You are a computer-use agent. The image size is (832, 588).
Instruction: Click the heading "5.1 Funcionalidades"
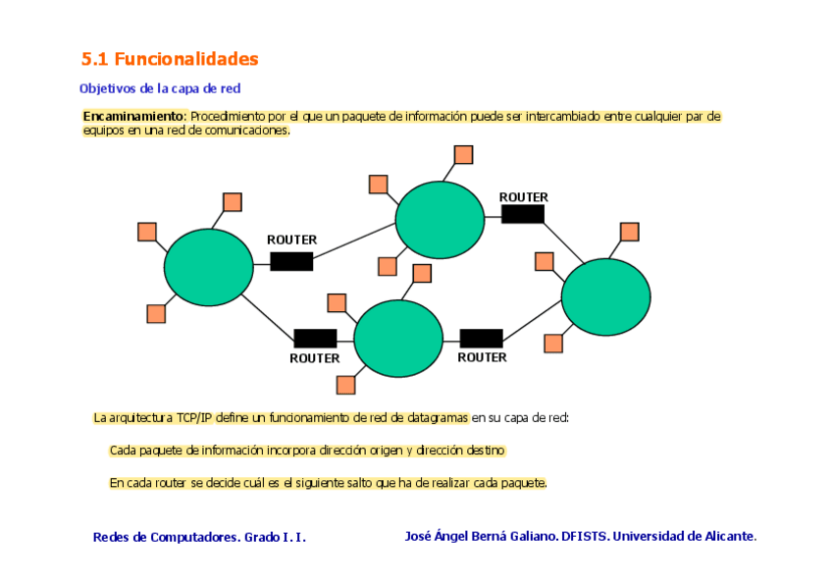click(x=170, y=59)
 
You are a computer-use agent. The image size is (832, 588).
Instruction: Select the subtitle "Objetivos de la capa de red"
click(x=160, y=88)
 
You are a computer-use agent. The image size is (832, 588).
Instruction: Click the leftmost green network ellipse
click(x=209, y=266)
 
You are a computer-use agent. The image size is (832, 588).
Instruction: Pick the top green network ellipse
click(x=441, y=220)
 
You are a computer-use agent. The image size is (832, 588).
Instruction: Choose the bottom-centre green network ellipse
click(x=398, y=339)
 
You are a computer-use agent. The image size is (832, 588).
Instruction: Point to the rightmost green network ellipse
click(x=605, y=296)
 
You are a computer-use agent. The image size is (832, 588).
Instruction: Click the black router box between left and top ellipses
click(x=291, y=261)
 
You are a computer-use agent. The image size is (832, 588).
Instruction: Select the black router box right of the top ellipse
click(x=523, y=214)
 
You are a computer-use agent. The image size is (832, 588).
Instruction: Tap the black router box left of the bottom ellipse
click(x=315, y=339)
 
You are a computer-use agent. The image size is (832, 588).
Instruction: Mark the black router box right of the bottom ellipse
click(x=481, y=339)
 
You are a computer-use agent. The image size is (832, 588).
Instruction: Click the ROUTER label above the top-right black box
click(x=524, y=197)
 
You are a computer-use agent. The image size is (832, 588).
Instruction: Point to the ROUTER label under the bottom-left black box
click(x=315, y=358)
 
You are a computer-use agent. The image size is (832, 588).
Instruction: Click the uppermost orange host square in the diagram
click(x=464, y=155)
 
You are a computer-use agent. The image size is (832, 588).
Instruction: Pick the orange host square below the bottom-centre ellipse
click(x=345, y=385)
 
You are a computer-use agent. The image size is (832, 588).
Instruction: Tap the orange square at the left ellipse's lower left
click(x=156, y=314)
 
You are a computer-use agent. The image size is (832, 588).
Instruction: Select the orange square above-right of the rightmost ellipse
click(x=630, y=232)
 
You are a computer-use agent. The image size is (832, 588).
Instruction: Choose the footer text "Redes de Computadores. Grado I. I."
click(x=199, y=537)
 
